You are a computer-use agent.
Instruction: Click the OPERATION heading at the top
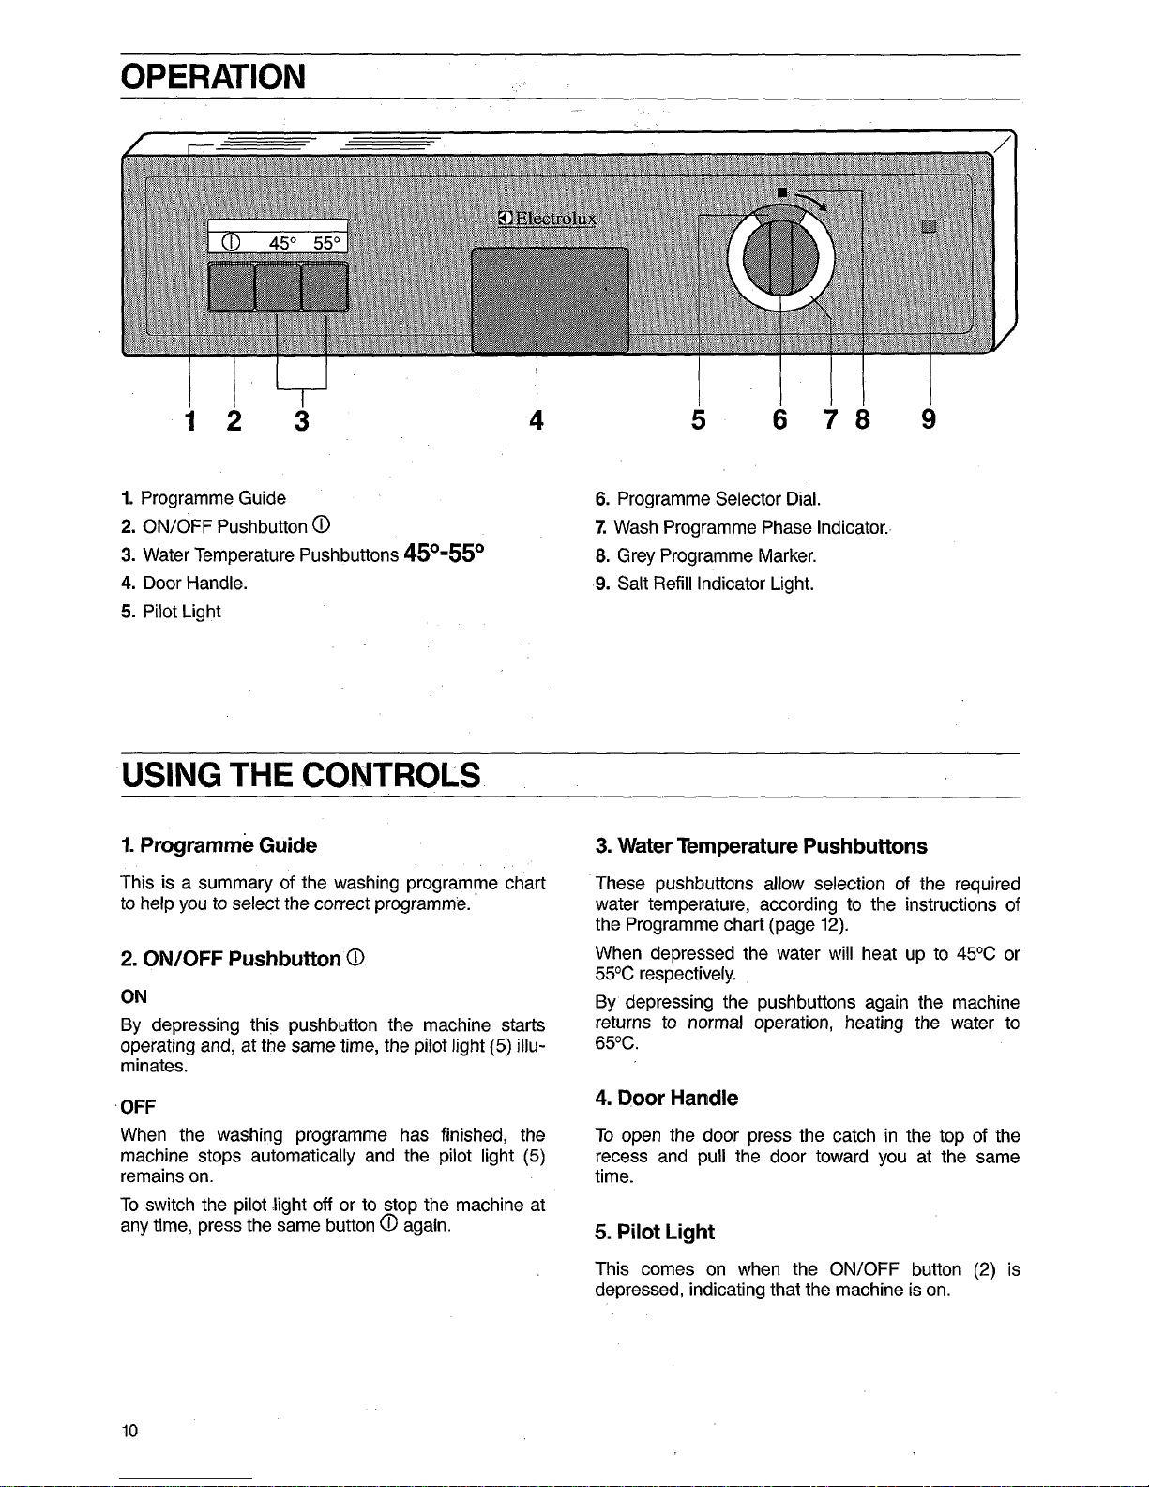click(x=213, y=76)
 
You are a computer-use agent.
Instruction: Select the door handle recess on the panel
click(x=550, y=299)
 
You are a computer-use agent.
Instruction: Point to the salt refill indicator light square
click(x=929, y=226)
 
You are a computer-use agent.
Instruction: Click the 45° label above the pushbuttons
click(x=282, y=243)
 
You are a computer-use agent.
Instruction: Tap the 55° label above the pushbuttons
click(x=327, y=243)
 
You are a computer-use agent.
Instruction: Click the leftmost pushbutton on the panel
click(x=231, y=286)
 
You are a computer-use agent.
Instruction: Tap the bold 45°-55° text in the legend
click(x=445, y=554)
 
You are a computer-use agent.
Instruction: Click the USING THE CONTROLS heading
click(x=300, y=776)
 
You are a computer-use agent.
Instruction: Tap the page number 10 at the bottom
click(x=129, y=1431)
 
